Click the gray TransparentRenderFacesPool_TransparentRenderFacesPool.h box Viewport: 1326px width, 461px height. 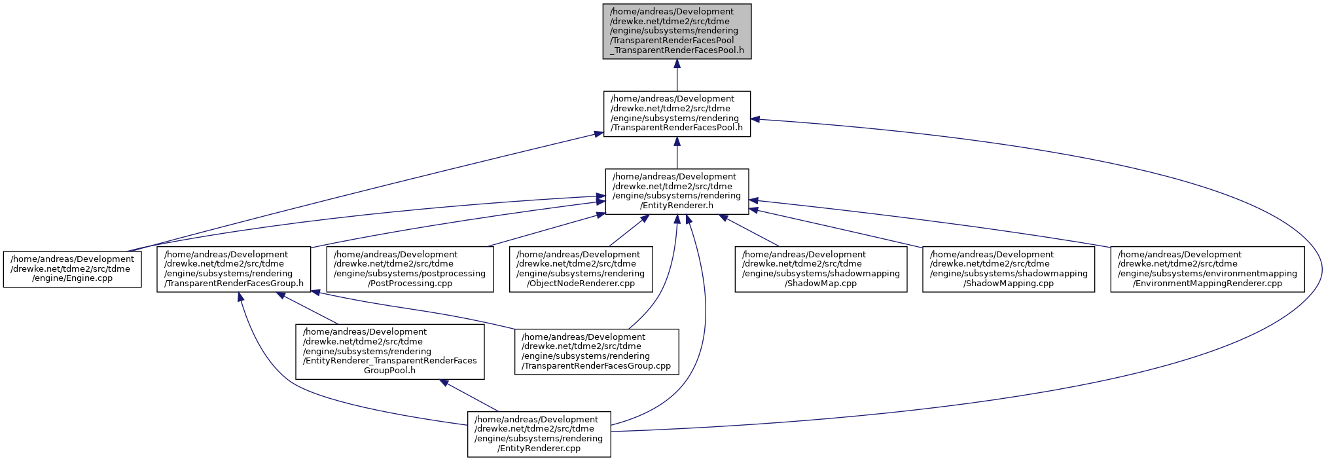[x=677, y=31]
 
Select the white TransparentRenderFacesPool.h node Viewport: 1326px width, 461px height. [x=677, y=114]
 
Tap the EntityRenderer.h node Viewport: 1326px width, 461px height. [x=677, y=191]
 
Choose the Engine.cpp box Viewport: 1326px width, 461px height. [x=73, y=269]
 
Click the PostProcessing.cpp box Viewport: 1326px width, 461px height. [x=410, y=269]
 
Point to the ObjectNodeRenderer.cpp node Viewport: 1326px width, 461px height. [x=581, y=269]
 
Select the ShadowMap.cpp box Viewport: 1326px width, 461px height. [x=821, y=269]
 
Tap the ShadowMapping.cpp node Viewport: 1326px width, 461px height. [x=1009, y=269]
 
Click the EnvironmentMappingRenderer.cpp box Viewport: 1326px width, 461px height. [x=1208, y=269]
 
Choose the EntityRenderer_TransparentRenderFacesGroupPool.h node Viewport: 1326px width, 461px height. [x=390, y=352]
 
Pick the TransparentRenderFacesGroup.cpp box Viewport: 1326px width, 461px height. [x=597, y=352]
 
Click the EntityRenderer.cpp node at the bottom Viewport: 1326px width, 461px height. [x=539, y=434]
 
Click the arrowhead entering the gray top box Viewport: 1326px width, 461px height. [x=677, y=64]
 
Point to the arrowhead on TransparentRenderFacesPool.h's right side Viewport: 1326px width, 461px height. [x=755, y=119]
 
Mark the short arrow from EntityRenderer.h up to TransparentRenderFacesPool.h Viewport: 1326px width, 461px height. [x=677, y=153]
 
